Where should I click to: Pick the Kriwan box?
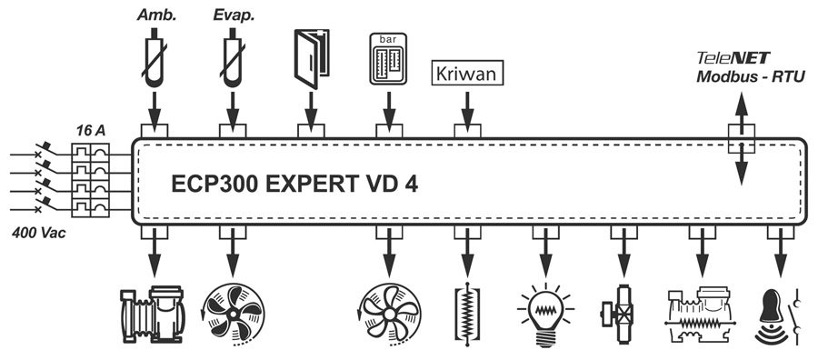(x=467, y=73)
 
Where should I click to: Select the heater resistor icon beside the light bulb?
(x=467, y=314)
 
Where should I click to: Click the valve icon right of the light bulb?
(x=621, y=314)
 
